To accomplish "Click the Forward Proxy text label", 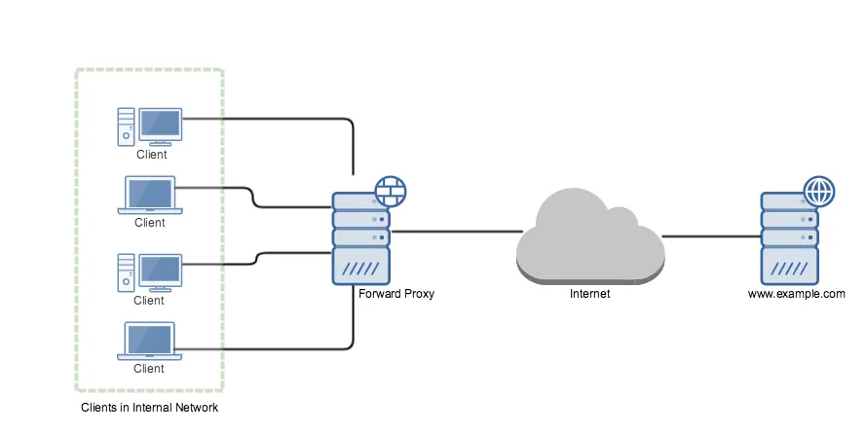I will tap(396, 293).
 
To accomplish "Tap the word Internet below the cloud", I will tap(589, 293).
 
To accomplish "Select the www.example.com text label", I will tap(796, 293).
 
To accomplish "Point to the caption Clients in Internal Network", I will tap(149, 408).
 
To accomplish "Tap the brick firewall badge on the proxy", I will tap(391, 191).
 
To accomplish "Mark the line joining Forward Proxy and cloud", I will tap(456, 232).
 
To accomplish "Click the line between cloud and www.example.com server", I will tap(711, 235).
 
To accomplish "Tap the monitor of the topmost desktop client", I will tap(160, 125).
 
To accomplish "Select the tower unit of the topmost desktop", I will tap(125, 126).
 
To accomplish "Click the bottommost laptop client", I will tap(149, 342).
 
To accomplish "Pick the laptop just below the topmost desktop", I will tap(149, 196).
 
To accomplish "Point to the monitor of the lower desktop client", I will tap(160, 271).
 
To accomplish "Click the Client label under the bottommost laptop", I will tap(149, 369).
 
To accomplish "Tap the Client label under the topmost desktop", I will tap(151, 154).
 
